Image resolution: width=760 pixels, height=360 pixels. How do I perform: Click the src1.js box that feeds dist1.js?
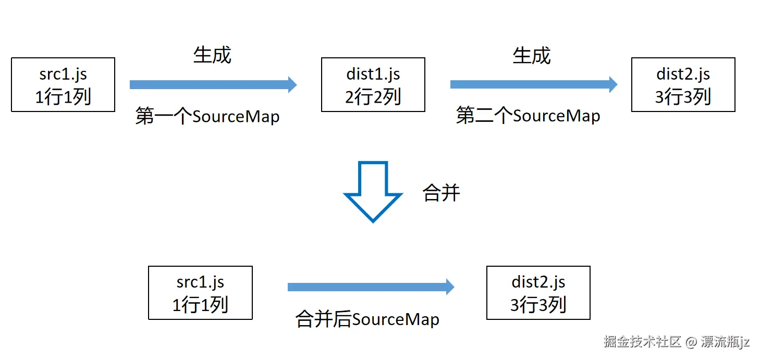[x=63, y=85]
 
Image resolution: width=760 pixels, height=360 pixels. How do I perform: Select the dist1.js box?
[x=373, y=85]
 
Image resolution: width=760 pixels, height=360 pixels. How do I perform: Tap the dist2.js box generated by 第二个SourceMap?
[x=683, y=85]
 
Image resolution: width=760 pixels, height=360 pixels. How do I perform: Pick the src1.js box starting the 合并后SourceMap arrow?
[x=200, y=293]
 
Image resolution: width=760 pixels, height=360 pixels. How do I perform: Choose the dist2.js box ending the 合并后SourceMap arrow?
[x=538, y=293]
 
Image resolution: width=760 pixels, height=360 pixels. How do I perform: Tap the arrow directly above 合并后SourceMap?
[x=370, y=287]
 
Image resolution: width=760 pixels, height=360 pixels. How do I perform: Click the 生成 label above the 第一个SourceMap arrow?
[x=212, y=55]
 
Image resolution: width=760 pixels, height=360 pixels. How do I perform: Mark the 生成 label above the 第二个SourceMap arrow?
[x=532, y=55]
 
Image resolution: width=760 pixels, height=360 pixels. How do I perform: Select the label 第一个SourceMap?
[x=207, y=116]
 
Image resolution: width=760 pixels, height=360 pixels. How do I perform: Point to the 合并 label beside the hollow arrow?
[x=441, y=193]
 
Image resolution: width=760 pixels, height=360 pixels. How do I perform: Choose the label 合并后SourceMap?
[x=367, y=319]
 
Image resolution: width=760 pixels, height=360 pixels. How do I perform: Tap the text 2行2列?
[x=373, y=97]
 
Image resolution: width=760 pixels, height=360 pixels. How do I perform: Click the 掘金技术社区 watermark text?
[x=642, y=342]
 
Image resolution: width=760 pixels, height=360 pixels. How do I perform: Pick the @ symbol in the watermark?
[x=691, y=342]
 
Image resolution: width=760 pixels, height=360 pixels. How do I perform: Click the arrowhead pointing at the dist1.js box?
[x=292, y=84]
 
